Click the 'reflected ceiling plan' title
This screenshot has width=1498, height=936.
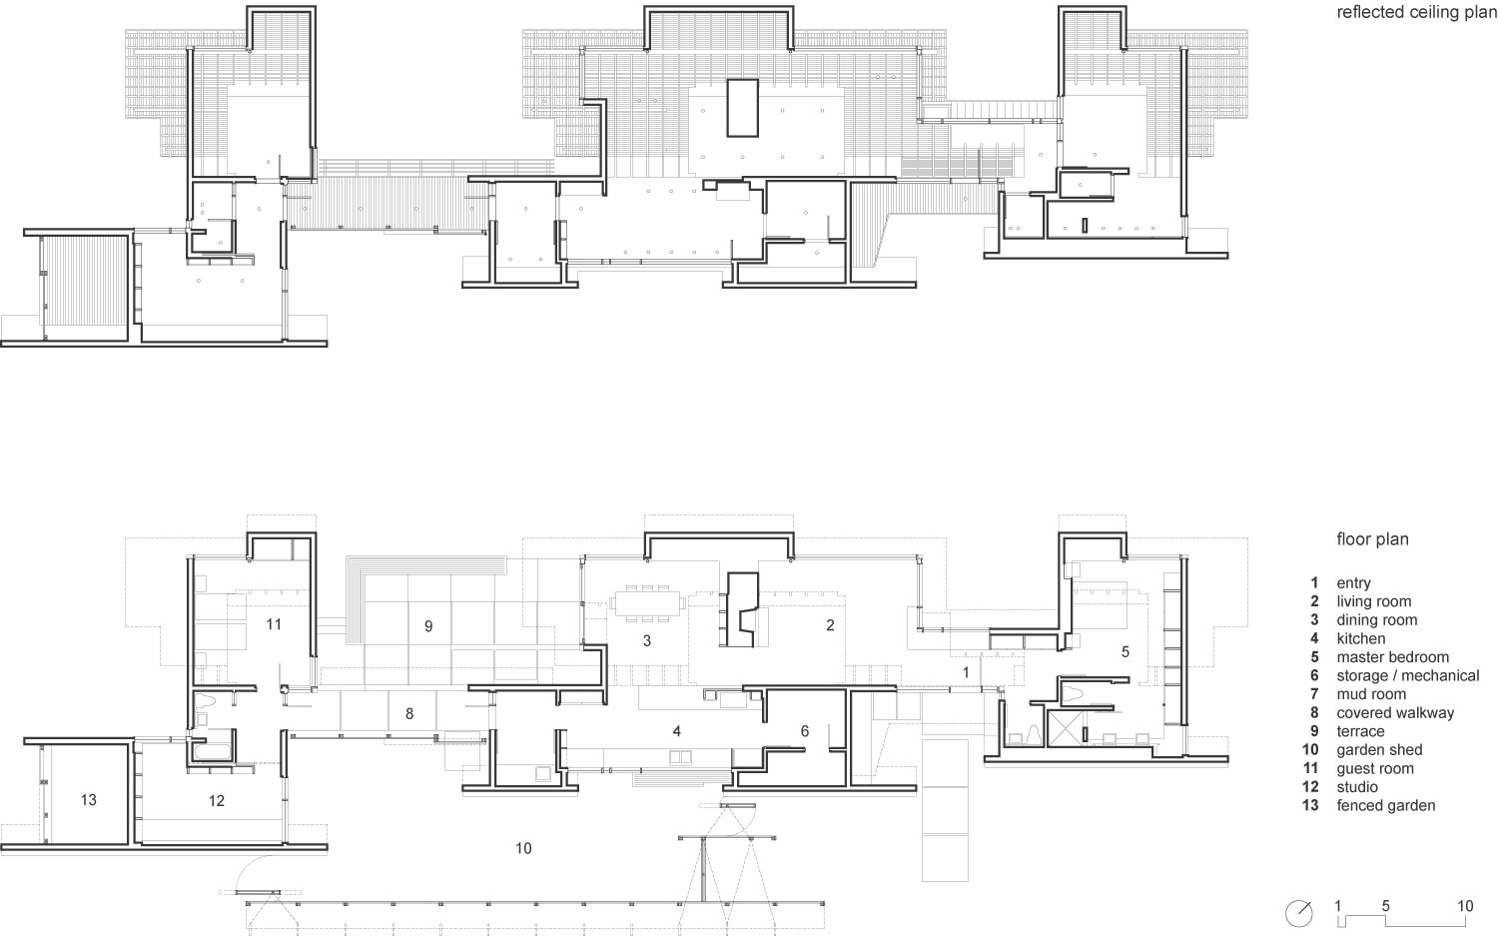click(1417, 13)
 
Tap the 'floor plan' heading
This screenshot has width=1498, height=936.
click(1372, 539)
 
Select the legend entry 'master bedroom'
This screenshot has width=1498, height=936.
click(1392, 657)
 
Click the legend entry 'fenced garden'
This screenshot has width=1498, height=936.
click(1385, 805)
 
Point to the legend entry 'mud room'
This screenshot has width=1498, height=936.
click(1370, 694)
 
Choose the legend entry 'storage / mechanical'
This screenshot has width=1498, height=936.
click(1407, 676)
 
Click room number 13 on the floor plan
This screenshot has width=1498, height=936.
click(89, 800)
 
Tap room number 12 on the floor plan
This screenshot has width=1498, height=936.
click(217, 800)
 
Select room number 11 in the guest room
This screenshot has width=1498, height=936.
click(275, 624)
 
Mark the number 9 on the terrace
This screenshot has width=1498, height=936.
click(428, 626)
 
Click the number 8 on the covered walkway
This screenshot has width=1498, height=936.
click(408, 714)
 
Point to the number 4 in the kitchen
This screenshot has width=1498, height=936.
click(677, 731)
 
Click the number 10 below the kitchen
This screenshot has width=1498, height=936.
click(523, 849)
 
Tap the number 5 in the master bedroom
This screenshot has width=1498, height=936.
click(1125, 652)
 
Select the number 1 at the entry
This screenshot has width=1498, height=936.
click(966, 672)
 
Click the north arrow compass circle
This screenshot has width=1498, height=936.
click(1299, 912)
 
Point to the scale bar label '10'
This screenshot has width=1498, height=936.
click(1465, 907)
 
